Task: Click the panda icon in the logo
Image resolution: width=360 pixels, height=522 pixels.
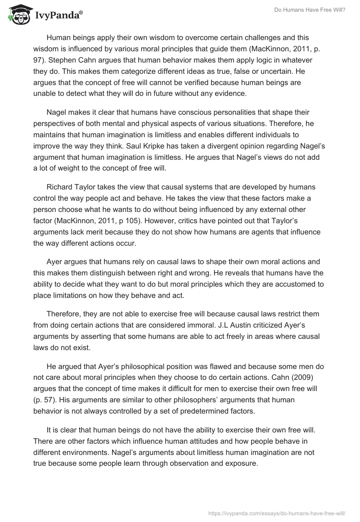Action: [x=17, y=14]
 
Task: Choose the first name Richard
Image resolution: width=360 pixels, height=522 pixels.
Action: [x=61, y=187]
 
